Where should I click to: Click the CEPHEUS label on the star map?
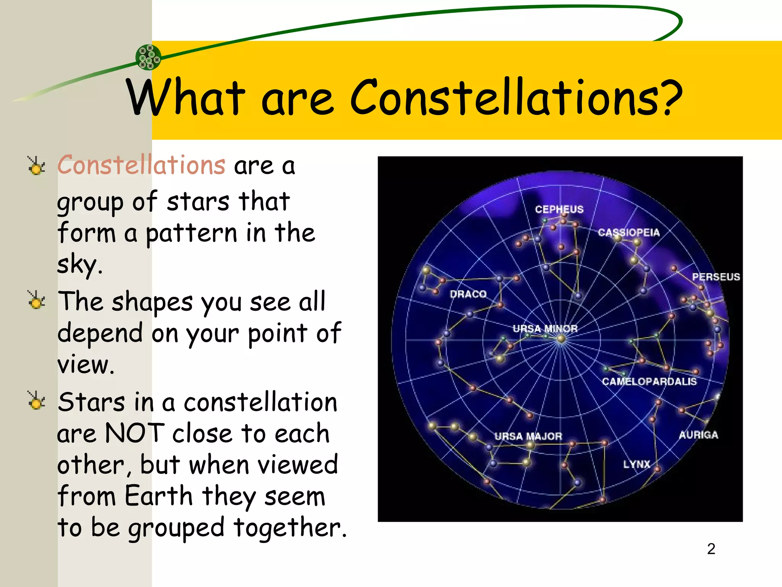559,209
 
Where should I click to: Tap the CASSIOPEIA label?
629,232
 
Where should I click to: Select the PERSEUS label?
716,277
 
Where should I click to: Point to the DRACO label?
468,294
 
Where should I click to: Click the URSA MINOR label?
545,329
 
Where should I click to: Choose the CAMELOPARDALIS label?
649,381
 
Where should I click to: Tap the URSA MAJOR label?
528,436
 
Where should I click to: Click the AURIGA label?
698,435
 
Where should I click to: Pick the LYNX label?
637,464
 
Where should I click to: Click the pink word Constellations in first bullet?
141,165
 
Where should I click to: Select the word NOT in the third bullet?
134,433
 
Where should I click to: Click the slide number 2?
711,549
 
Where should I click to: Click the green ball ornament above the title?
149,57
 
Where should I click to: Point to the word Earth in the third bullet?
158,496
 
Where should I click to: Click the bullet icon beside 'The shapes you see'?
37,300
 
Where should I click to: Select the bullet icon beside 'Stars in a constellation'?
37,401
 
